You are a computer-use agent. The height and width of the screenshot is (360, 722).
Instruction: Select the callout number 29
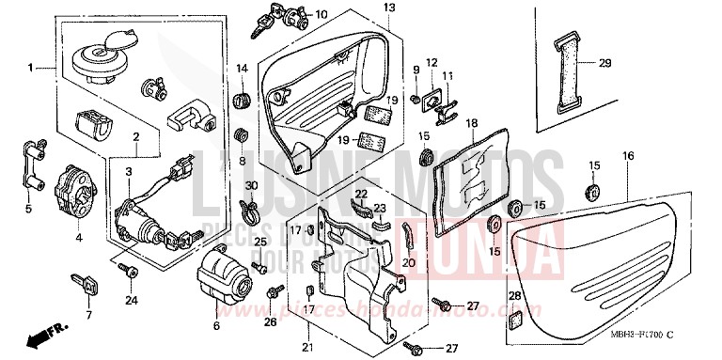pyautogui.click(x=604, y=63)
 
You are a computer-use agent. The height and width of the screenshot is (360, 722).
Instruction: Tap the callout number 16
pyautogui.click(x=628, y=154)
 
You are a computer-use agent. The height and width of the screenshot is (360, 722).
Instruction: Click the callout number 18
pyautogui.click(x=471, y=123)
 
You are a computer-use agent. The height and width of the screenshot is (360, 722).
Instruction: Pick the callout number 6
pyautogui.click(x=216, y=325)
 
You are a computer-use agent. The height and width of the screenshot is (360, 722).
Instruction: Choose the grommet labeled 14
pyautogui.click(x=242, y=97)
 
